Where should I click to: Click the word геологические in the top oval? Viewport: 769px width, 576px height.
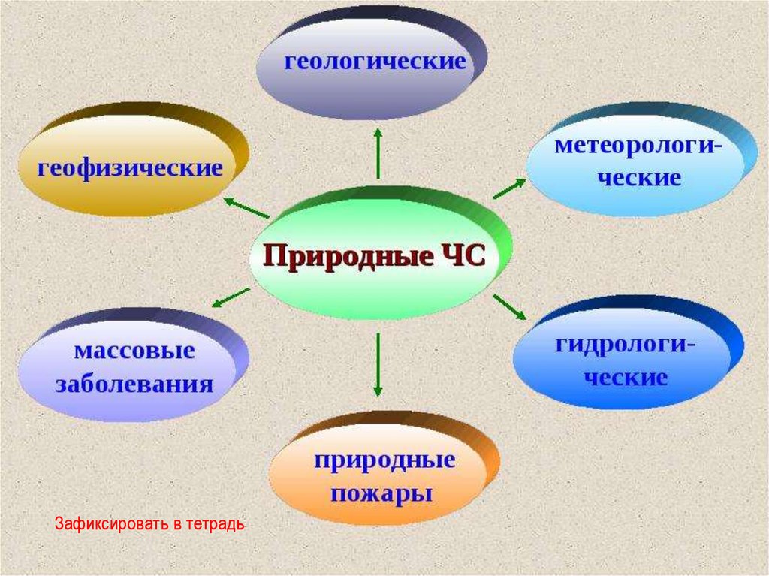click(375, 62)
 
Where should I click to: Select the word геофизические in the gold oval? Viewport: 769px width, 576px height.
click(131, 167)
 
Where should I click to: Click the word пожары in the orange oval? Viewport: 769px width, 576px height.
click(384, 496)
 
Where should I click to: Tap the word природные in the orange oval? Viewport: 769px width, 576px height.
click(384, 460)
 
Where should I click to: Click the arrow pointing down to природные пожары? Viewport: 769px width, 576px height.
click(378, 365)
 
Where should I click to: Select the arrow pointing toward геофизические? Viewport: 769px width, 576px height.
click(246, 207)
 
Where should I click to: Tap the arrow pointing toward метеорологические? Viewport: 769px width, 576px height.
click(510, 188)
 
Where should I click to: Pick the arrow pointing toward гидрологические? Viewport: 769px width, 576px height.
click(511, 307)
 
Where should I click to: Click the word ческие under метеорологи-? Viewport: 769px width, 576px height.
click(639, 179)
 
